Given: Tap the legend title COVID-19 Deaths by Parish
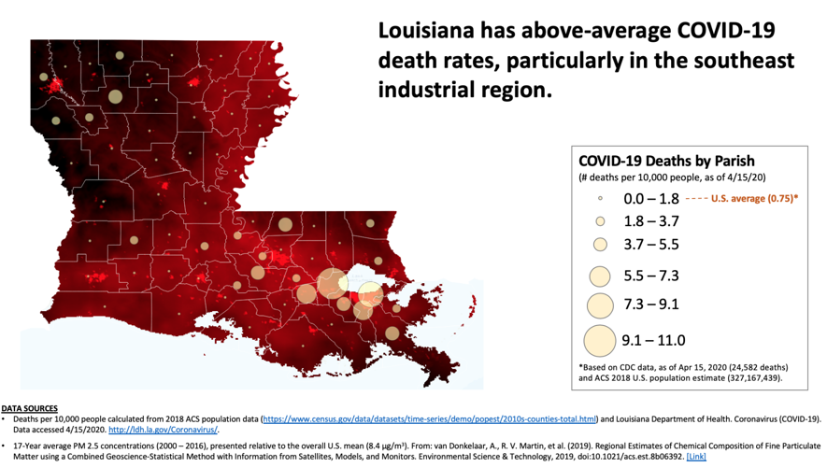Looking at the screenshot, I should click(666, 161).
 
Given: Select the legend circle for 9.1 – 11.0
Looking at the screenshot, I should click(600, 340).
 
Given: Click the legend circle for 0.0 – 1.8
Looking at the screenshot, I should click(600, 198).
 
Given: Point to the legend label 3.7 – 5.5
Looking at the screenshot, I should click(651, 245).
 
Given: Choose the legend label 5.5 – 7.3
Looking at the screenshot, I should click(651, 276).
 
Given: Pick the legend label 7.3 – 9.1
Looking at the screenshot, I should click(651, 304).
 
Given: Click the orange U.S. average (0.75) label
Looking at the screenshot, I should click(754, 199).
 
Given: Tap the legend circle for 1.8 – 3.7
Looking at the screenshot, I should click(600, 221).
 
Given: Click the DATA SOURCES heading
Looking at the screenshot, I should click(29, 408).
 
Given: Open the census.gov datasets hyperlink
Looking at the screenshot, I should click(430, 418).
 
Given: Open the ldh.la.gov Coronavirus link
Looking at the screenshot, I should click(163, 430).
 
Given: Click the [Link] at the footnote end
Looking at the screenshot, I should click(697, 457).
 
